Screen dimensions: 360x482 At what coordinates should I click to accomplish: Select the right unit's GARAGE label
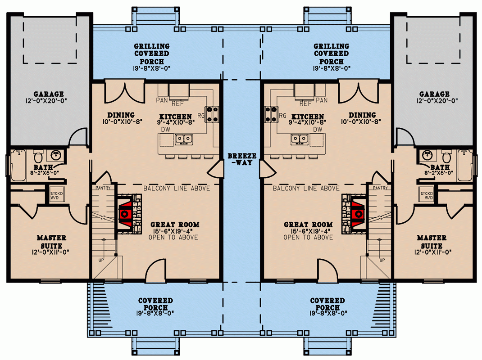click(x=434, y=94)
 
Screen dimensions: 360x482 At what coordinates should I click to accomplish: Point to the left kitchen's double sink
click(x=183, y=139)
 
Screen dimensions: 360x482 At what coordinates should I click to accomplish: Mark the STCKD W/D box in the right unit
click(x=426, y=194)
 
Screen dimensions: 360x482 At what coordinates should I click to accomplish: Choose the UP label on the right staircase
click(x=382, y=260)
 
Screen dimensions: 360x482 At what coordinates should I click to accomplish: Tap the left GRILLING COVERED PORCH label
click(x=151, y=54)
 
